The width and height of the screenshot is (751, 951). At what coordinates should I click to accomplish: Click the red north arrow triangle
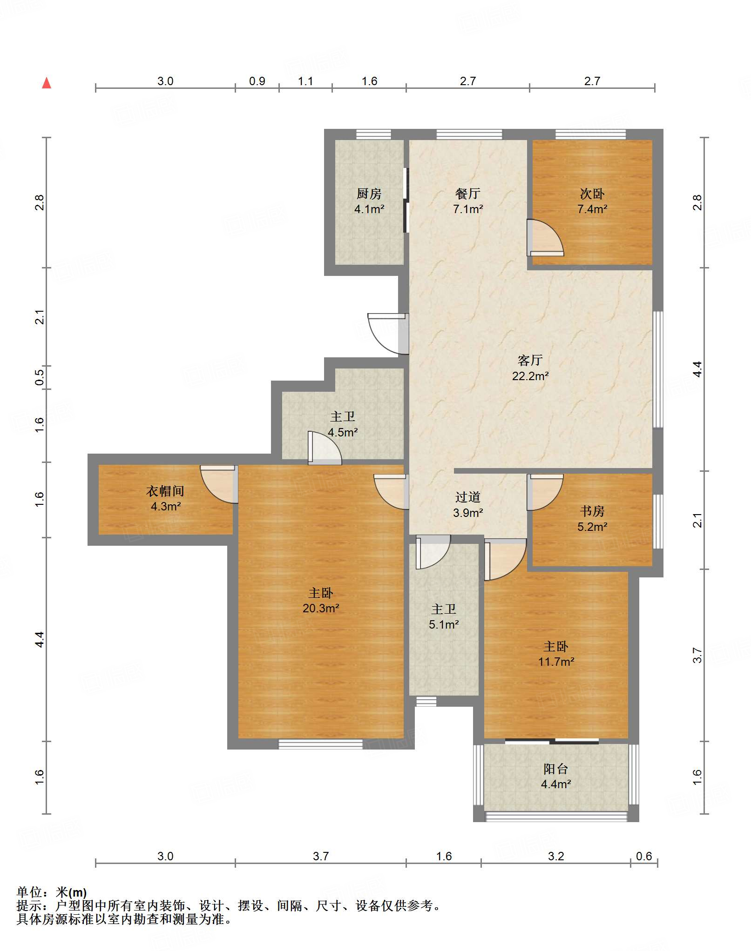pos(47,83)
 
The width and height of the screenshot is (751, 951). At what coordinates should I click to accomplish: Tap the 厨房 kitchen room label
pos(369,194)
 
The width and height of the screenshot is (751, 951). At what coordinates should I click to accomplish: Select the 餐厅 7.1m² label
pos(468,201)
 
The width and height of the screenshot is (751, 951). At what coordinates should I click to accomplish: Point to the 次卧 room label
pos(592,194)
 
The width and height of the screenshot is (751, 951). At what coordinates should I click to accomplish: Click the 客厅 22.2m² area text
pos(530,368)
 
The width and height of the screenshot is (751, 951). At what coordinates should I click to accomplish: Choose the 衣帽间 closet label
pos(165,491)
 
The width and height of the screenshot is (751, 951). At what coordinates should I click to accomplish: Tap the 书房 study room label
pos(592,511)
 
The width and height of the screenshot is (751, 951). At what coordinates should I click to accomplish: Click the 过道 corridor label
pos(468,497)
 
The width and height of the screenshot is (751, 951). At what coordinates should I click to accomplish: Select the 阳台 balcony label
pos(556,769)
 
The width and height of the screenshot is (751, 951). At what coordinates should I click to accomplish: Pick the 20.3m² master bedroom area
pos(321,608)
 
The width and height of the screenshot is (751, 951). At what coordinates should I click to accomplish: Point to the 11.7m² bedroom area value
pos(556,662)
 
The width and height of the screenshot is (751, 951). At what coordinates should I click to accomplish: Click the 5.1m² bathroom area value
pos(444,624)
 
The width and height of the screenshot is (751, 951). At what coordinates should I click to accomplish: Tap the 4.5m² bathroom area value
pos(343,432)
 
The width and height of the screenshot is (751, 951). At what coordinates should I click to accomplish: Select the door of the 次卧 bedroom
pos(545,237)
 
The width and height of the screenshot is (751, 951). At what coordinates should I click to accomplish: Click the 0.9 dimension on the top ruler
pos(257,81)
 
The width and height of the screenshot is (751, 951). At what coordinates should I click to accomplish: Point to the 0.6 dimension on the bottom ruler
pos(644,857)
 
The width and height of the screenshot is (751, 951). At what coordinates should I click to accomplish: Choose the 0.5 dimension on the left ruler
pos(40,377)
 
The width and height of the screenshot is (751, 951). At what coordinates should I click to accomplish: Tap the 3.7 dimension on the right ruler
pos(697,655)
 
